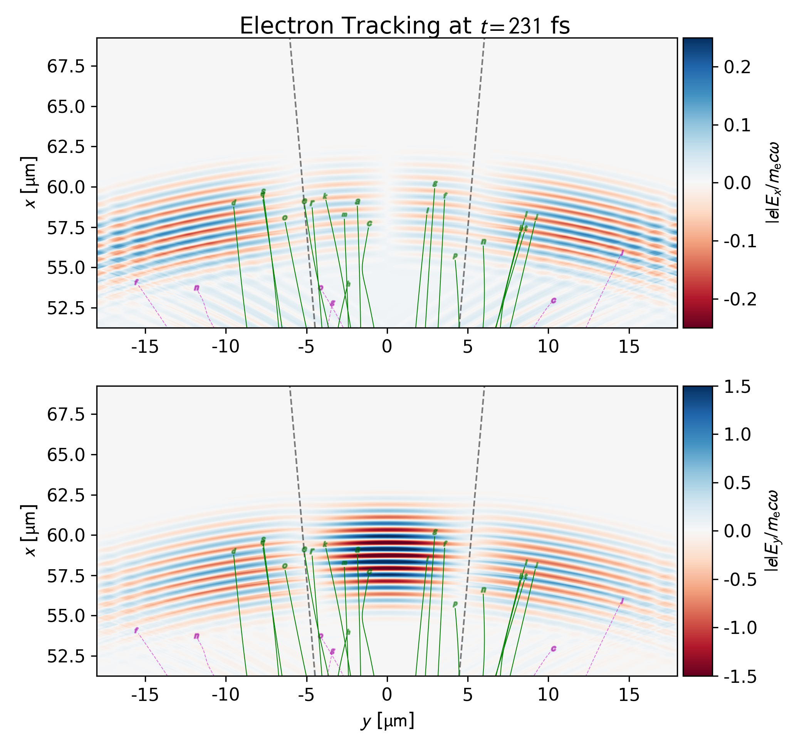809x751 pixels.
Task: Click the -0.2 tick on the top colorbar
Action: [740, 299]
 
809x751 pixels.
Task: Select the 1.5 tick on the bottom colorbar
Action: [737, 387]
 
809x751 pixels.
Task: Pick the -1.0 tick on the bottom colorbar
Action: [740, 628]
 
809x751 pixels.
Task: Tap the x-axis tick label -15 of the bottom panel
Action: [145, 695]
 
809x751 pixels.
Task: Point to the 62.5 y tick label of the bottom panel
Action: [66, 495]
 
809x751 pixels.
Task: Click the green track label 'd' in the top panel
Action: [233, 203]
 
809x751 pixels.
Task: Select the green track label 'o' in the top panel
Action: [285, 218]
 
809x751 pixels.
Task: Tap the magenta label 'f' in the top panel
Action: [136, 282]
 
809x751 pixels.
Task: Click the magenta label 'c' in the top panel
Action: [553, 300]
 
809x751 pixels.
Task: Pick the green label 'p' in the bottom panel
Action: [455, 604]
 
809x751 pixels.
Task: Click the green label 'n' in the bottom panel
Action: [483, 590]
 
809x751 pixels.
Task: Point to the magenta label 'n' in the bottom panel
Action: [197, 636]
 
